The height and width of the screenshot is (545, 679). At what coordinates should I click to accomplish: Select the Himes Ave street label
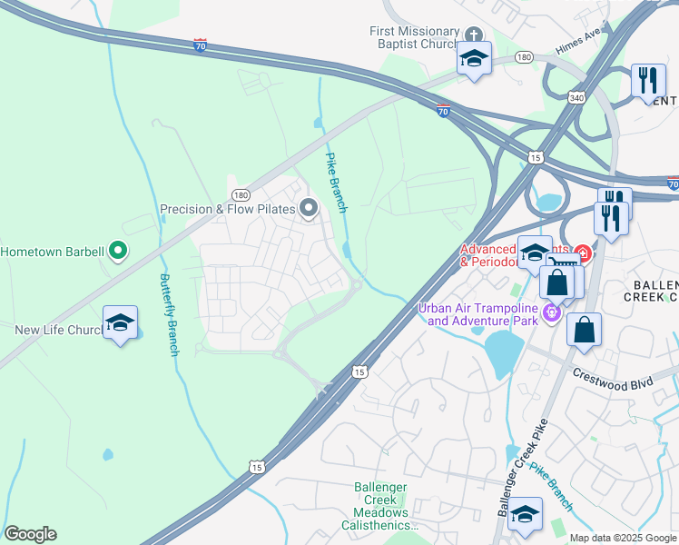click(x=580, y=57)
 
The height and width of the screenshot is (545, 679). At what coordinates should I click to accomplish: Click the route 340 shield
click(x=576, y=97)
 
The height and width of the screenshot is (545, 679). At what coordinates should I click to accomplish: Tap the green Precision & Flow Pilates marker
click(x=309, y=209)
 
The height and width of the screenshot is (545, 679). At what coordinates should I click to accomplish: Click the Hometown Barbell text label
click(x=53, y=251)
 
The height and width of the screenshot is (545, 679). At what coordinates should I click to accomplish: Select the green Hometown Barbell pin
click(x=117, y=250)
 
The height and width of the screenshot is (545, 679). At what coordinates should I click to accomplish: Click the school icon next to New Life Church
click(x=120, y=322)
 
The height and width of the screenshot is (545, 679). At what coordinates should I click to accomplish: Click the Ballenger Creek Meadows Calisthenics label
click(x=380, y=507)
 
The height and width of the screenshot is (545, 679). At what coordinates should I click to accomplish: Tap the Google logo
click(x=29, y=534)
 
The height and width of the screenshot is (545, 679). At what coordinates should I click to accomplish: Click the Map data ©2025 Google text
click(x=623, y=538)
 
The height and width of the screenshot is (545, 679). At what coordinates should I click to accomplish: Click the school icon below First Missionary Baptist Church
click(x=472, y=59)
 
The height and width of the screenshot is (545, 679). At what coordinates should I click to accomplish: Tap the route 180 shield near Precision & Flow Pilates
click(x=241, y=194)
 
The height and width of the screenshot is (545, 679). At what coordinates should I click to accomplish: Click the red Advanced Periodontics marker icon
click(x=581, y=254)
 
